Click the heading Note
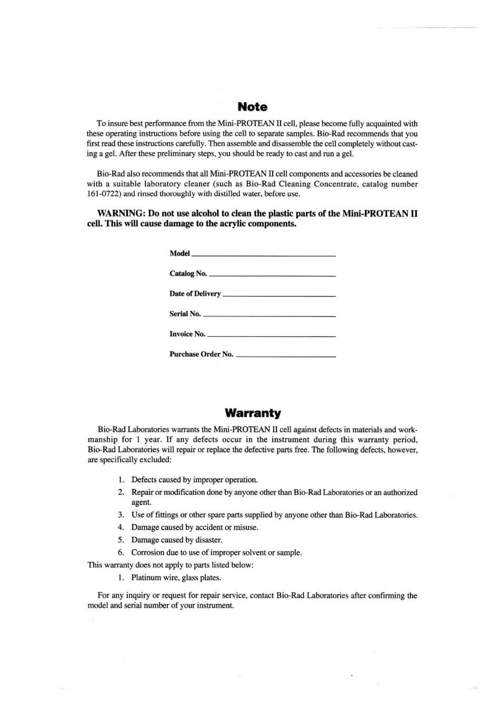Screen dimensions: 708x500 point(253,107)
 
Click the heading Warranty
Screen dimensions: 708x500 point(253,413)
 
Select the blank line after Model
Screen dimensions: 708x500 point(264,255)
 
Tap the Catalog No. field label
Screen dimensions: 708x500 point(188,274)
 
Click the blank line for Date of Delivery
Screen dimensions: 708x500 point(279,295)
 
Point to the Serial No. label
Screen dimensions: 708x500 point(185,314)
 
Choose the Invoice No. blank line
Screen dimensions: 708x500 point(272,335)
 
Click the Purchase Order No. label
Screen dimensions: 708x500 point(201,354)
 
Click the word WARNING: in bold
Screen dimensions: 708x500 point(122,214)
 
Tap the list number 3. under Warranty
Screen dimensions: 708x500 point(121,515)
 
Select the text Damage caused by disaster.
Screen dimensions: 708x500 point(177,540)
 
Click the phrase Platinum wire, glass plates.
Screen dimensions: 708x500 point(176,578)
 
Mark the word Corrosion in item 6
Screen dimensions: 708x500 point(148,553)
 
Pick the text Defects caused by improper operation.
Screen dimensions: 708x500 point(195,480)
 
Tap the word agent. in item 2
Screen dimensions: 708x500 point(142,502)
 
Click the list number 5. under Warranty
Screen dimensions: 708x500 point(121,540)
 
